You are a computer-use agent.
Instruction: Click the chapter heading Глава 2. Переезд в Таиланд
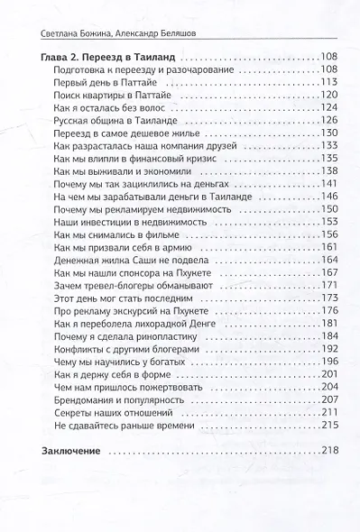point(109,57)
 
